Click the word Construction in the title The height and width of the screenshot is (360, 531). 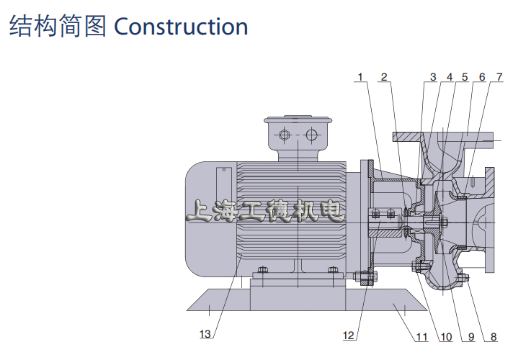[x=181, y=27]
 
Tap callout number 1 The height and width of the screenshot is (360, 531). [x=360, y=77]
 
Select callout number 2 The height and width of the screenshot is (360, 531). [x=384, y=77]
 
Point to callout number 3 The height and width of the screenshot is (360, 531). [x=433, y=77]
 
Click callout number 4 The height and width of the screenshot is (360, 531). [x=450, y=77]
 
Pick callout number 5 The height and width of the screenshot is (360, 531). [x=465, y=77]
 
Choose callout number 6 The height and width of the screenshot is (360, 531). [x=482, y=77]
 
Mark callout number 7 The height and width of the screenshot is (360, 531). [x=499, y=77]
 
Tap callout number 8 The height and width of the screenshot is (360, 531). [x=494, y=337]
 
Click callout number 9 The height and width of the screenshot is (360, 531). [x=471, y=337]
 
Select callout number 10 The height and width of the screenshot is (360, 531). [x=446, y=337]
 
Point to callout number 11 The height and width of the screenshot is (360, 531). [x=421, y=337]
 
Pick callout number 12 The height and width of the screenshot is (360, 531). [x=349, y=336]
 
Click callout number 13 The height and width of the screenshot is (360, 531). [x=205, y=334]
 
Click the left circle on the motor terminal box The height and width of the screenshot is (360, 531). [x=285, y=135]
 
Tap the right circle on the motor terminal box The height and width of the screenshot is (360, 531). [x=311, y=135]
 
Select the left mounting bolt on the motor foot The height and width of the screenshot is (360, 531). [x=262, y=270]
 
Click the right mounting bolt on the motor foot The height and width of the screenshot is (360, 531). [x=333, y=270]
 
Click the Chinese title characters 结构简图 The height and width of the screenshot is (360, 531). [x=58, y=27]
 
